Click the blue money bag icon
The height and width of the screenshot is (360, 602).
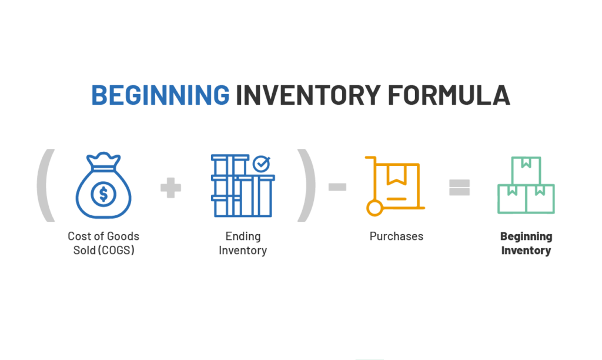click(x=103, y=185)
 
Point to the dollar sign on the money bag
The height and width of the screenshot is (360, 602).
click(x=103, y=194)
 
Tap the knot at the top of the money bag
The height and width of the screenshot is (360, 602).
click(x=103, y=161)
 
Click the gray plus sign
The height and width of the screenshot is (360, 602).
click(x=170, y=188)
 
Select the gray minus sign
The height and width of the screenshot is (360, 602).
click(x=337, y=187)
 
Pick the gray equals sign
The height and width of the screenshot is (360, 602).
click(x=459, y=188)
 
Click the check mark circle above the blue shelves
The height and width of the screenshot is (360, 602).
click(x=262, y=164)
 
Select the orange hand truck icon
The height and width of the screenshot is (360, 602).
click(x=395, y=186)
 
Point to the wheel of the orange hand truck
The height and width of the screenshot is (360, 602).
click(x=374, y=209)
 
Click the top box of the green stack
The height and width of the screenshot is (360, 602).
click(x=526, y=171)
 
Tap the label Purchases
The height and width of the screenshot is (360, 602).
click(x=396, y=236)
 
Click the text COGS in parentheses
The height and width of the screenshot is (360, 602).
click(x=116, y=251)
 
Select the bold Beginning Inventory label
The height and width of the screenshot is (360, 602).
click(x=526, y=243)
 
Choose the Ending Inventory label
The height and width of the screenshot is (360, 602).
click(x=243, y=243)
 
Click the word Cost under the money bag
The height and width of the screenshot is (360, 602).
click(x=79, y=236)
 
